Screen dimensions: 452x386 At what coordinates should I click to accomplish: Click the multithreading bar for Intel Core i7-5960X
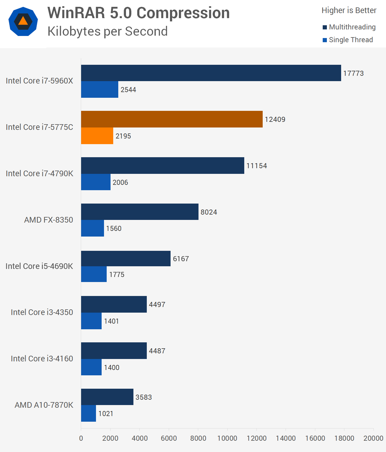211,73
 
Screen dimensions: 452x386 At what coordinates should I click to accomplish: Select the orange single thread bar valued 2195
97,136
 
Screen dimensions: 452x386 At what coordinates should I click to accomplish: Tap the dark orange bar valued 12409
172,119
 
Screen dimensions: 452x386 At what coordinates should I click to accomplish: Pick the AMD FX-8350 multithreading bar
140,212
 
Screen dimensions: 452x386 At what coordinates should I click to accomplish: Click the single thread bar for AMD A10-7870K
89,413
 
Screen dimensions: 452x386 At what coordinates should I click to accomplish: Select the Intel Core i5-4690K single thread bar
94,274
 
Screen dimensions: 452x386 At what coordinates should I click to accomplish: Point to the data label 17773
353,73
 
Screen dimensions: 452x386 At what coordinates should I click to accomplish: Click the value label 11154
256,166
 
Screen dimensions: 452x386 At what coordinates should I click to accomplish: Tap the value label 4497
157,305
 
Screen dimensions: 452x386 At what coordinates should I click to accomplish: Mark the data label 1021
106,414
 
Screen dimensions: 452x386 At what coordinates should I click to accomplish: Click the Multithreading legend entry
349,27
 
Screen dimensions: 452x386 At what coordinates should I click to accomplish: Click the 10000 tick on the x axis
227,438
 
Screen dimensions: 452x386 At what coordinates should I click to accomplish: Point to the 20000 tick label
373,438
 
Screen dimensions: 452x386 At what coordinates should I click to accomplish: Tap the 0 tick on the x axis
81,438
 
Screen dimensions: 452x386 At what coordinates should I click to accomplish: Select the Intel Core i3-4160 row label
42,359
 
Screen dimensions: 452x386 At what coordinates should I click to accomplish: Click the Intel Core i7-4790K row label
40,174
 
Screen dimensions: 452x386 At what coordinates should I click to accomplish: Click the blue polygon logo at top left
23,22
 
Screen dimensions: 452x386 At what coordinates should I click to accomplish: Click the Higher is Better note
349,10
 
